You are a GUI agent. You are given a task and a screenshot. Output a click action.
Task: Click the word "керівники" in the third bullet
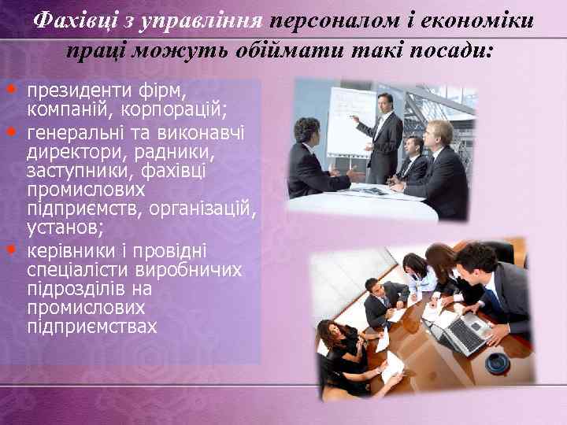(68, 251)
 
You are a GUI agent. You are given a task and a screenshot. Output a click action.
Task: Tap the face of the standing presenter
(384, 103)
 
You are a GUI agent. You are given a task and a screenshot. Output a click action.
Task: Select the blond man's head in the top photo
(440, 131)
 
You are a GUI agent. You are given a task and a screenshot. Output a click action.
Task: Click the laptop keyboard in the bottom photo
(464, 334)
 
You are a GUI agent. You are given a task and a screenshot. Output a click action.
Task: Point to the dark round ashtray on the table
(497, 364)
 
